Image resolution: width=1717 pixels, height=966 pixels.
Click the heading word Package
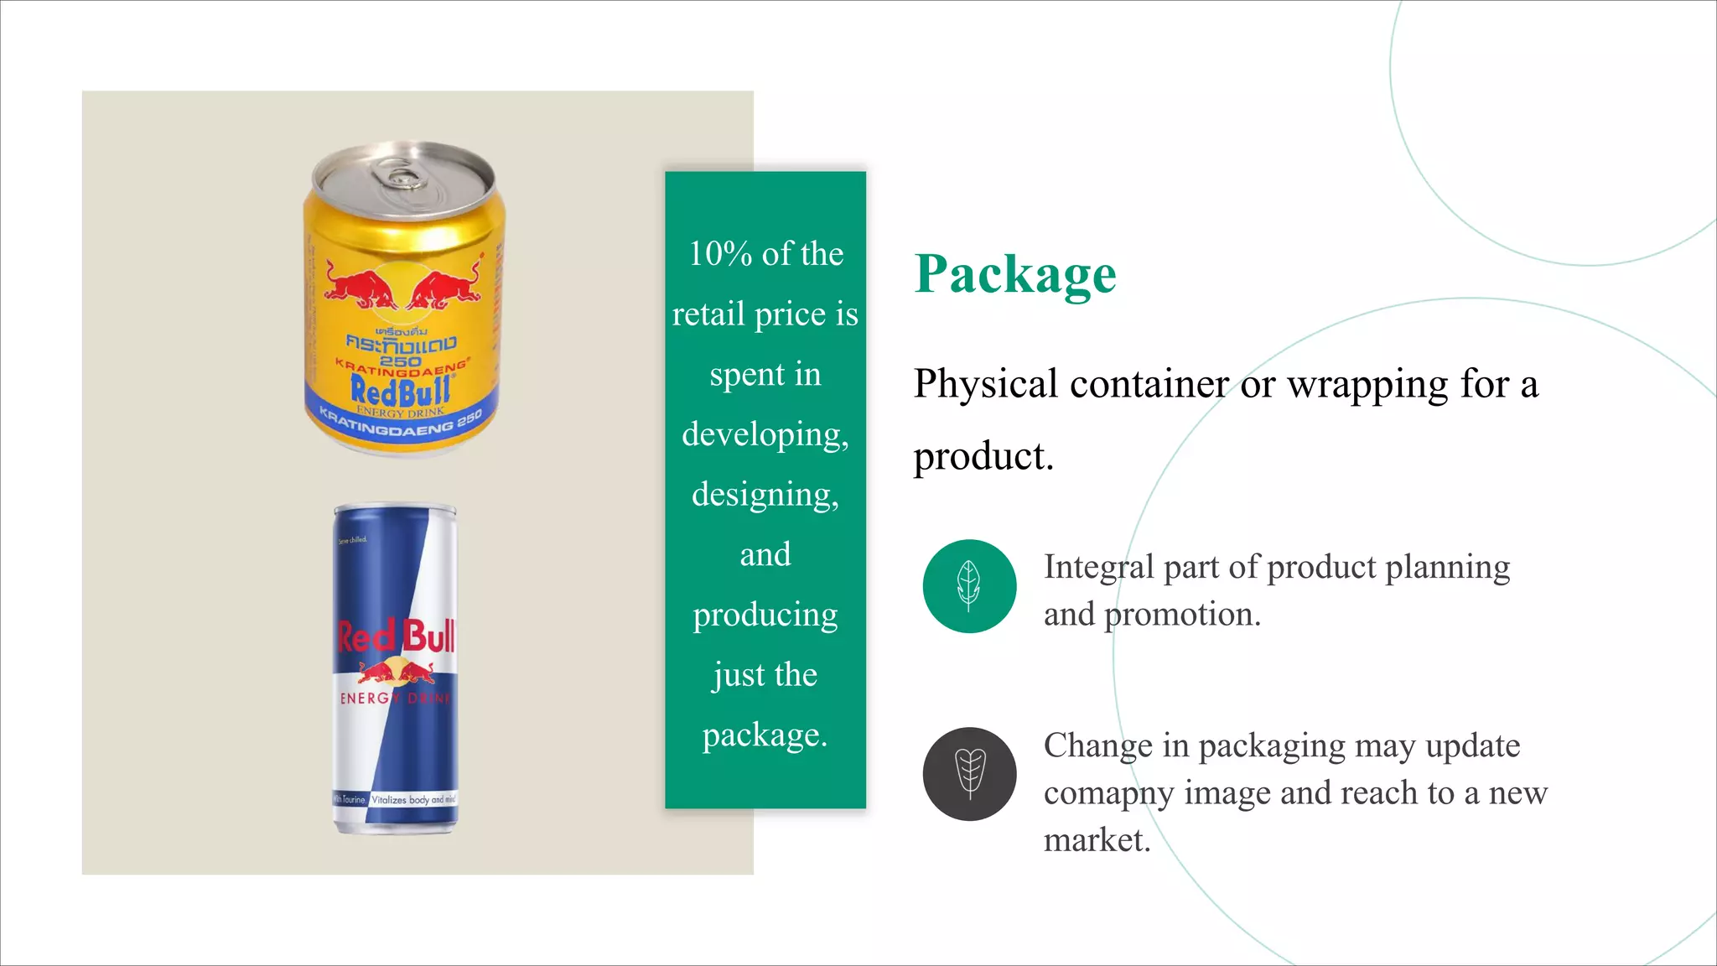click(x=1014, y=274)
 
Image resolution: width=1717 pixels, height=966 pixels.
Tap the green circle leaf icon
click(x=969, y=585)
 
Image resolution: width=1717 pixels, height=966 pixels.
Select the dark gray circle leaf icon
click(x=969, y=773)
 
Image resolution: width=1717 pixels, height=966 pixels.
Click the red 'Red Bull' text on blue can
click(x=396, y=637)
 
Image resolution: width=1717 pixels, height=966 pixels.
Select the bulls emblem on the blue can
click(x=396, y=672)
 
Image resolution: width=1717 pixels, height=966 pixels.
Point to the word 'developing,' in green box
click(x=765, y=434)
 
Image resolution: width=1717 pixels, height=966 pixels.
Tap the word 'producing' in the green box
click(x=765, y=615)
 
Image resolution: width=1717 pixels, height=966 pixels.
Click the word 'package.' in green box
click(x=765, y=735)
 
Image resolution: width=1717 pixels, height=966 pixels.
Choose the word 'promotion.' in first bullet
click(x=1182, y=615)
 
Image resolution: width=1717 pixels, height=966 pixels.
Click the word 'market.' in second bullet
click(x=1097, y=840)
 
